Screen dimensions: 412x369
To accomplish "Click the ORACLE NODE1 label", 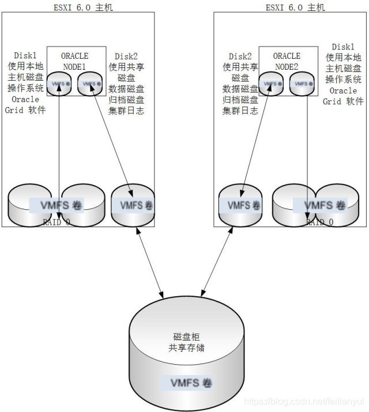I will coord(75,61).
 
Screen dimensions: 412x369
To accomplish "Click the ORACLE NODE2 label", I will coord(287,61).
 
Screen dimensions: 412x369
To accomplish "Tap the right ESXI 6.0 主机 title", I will coord(295,7).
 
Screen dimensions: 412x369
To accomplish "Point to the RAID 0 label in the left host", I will coord(57,222).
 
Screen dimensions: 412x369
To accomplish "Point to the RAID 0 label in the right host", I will coord(319,222).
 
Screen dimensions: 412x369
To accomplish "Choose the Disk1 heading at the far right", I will coord(344,47).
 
